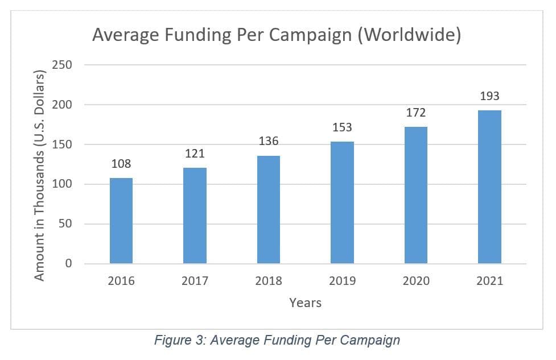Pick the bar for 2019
tap(342, 202)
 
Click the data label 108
tap(121, 164)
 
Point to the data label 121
tap(195, 154)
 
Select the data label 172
tap(416, 113)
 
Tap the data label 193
tap(489, 96)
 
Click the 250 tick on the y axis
tap(61, 65)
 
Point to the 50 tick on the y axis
tap(65, 224)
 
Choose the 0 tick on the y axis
tap(68, 264)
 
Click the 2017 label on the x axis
tap(195, 281)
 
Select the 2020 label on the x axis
tap(416, 281)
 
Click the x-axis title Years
tap(305, 303)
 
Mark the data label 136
tap(269, 141)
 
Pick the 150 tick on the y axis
tap(61, 144)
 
